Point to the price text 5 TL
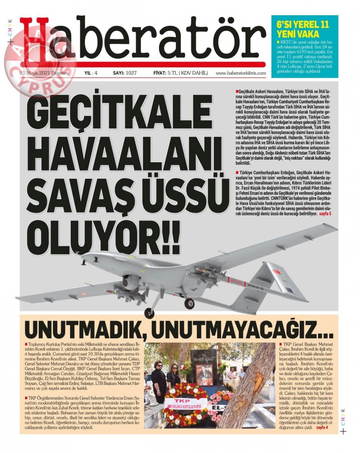[171, 73]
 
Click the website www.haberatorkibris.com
[240, 73]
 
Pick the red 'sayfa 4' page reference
[322, 428]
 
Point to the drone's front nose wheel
[148, 313]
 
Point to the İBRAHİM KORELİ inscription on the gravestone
[204, 359]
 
